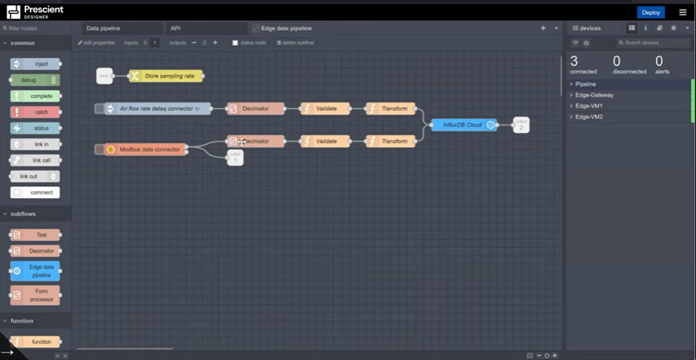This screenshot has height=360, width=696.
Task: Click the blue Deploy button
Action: tap(651, 13)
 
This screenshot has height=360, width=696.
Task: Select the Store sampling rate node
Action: tap(166, 76)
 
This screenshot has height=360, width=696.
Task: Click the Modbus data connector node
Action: tap(146, 149)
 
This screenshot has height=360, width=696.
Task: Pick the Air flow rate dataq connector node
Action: tap(156, 109)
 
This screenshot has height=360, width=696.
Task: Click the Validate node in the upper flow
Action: tap(325, 109)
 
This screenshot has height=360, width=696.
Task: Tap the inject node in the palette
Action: tap(35, 64)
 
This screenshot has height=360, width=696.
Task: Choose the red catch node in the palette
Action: tap(35, 112)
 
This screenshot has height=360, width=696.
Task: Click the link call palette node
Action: tap(35, 160)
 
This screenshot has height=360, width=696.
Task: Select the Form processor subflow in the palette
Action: tap(35, 295)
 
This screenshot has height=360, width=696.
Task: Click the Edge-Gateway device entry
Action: tap(594, 95)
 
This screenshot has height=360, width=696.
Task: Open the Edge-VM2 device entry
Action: tap(591, 117)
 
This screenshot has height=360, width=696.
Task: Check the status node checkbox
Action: tap(235, 43)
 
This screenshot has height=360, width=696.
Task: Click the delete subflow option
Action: tap(296, 43)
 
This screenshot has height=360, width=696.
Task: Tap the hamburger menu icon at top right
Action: tap(683, 13)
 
